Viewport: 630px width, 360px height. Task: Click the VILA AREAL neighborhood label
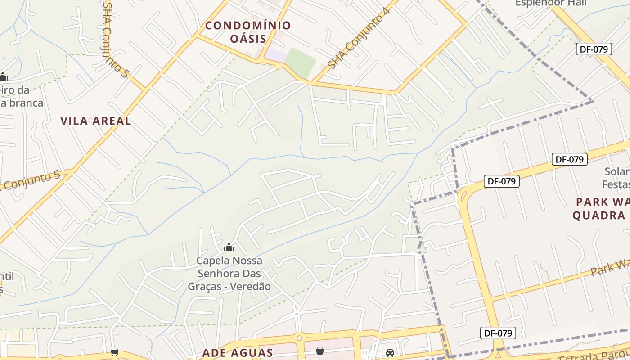pos(96,121)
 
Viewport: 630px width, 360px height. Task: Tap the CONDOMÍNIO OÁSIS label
pos(248,31)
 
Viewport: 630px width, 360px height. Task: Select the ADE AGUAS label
pos(238,352)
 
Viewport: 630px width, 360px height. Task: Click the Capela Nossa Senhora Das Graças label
pos(229,273)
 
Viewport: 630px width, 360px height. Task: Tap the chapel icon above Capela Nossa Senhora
pos(229,247)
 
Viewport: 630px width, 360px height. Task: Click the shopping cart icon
pos(115,353)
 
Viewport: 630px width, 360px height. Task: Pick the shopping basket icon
pos(320,350)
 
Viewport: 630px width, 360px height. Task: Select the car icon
pos(390,353)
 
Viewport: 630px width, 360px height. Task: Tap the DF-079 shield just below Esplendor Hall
pos(594,49)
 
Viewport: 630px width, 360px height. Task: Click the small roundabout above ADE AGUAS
pos(299,337)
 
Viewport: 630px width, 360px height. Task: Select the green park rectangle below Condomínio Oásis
pos(300,63)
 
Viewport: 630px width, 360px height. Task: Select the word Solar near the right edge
pos(616,171)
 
